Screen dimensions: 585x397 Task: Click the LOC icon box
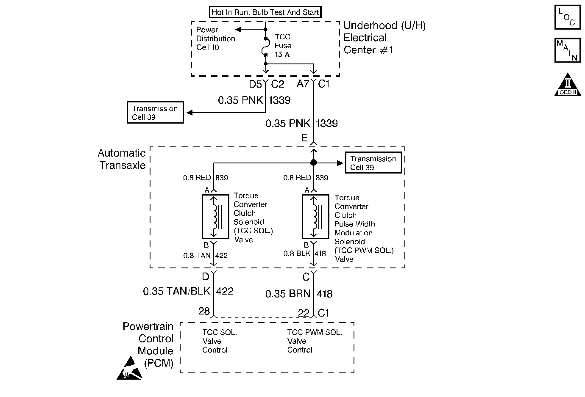[568, 17]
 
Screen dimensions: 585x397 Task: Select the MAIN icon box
[568, 50]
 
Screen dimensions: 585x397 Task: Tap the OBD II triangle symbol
[568, 85]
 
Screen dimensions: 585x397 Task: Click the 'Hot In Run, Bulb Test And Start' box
[265, 12]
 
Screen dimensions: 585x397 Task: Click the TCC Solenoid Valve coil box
[215, 217]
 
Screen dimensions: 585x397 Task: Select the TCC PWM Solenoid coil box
[315, 217]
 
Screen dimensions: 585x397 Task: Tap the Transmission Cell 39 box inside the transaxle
[373, 163]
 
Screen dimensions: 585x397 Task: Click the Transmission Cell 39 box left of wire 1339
[155, 112]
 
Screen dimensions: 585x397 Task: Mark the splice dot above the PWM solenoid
[314, 163]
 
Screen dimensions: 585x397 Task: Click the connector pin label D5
[255, 84]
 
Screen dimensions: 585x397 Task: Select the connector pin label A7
[303, 84]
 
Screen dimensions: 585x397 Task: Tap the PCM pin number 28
[204, 311]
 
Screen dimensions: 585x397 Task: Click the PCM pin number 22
[304, 313]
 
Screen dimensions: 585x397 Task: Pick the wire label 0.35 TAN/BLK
[176, 291]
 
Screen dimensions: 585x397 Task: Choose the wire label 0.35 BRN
[288, 294]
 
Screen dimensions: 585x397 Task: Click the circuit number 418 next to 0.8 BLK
[320, 254]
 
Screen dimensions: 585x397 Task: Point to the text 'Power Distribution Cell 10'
[215, 39]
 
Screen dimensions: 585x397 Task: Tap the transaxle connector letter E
[304, 138]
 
